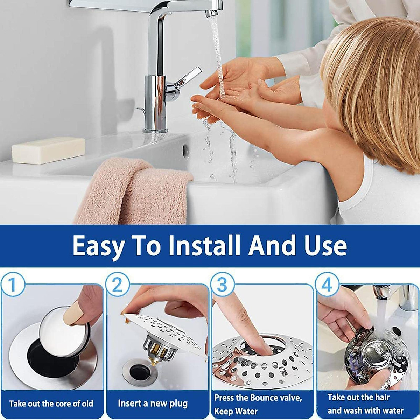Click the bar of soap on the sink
(48, 150)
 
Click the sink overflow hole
(185, 150)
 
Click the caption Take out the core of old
(51, 404)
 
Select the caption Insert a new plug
(153, 403)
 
